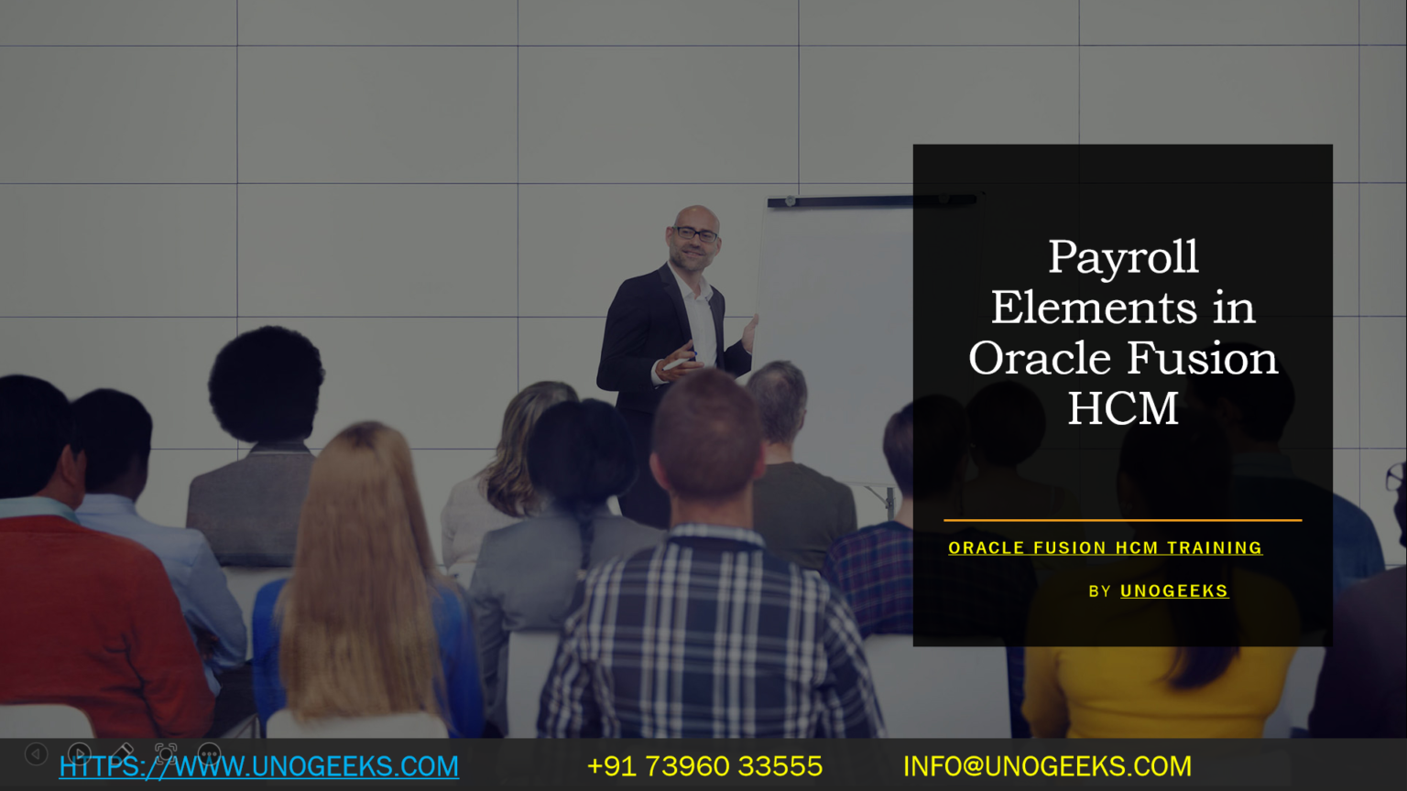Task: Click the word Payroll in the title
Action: (1123, 257)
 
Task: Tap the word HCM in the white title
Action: (1123, 408)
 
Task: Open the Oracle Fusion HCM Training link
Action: (1105, 547)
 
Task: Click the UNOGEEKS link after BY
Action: (1173, 591)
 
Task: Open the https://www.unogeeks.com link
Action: (259, 766)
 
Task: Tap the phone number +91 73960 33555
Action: (704, 766)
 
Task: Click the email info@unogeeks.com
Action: (1047, 766)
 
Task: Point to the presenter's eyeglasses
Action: (695, 234)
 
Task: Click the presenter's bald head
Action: (696, 216)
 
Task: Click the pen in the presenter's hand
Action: (678, 363)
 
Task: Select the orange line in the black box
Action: (1122, 520)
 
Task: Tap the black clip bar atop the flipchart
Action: (870, 200)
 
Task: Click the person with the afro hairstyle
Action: (266, 385)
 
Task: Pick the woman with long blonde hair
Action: (362, 568)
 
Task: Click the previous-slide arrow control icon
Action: (36, 754)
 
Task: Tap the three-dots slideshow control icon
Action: (209, 754)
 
